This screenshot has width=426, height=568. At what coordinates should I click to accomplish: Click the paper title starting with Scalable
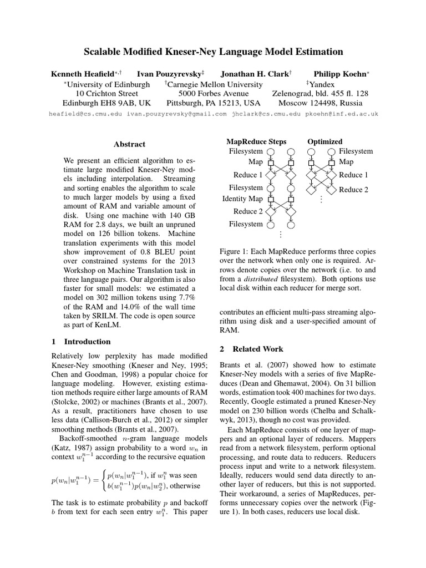tap(213, 52)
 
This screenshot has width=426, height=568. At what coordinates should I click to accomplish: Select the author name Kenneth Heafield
tap(83, 74)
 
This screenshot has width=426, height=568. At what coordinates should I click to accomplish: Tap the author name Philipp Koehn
tap(334, 74)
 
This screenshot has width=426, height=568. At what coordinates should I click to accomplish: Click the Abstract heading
tap(129, 144)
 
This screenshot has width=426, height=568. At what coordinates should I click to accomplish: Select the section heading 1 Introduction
tap(81, 342)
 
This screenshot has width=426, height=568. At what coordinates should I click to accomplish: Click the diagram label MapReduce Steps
tap(256, 141)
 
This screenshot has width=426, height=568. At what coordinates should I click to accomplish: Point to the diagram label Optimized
tap(325, 141)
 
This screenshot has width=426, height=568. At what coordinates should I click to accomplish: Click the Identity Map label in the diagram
tap(242, 199)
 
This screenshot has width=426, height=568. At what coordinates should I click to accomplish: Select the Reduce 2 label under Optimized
tap(354, 190)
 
